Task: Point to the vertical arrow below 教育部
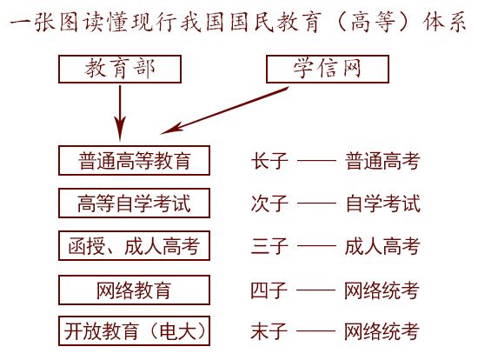pos(120,113)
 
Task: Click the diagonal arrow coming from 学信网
pos(225,110)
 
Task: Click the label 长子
pos(269,161)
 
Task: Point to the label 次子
pos(269,203)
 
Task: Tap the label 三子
pos(269,246)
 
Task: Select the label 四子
pos(269,290)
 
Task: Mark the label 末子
pos(269,331)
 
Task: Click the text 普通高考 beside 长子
pos(382,161)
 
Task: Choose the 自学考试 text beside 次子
pos(383,203)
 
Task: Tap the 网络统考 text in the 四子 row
pos(382,290)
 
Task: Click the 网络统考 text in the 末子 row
pos(382,331)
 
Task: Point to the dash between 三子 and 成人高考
pos(316,245)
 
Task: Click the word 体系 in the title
pos(445,22)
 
